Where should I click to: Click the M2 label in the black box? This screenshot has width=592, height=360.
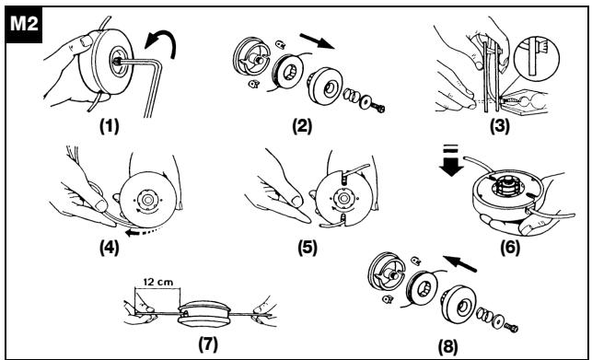(x=24, y=24)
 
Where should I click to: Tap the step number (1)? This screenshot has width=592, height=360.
(x=110, y=126)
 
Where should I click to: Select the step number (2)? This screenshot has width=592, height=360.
(x=302, y=126)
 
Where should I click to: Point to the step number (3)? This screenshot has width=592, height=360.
(x=500, y=126)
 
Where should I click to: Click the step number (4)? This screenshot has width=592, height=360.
(x=110, y=248)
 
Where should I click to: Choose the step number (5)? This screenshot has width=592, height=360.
(x=308, y=248)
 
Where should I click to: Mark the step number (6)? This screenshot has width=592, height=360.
(x=510, y=248)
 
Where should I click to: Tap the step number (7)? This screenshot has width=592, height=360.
(x=208, y=344)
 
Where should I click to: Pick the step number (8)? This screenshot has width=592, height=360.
(x=448, y=347)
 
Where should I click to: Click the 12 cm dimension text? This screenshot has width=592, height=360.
(x=157, y=282)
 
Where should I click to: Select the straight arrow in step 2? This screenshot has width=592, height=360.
(x=317, y=41)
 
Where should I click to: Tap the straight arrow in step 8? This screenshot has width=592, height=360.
(x=459, y=263)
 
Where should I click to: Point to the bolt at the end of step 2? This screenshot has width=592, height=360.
(x=377, y=108)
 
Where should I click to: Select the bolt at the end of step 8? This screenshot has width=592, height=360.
(x=511, y=327)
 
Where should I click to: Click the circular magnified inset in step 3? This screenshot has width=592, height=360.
(x=537, y=58)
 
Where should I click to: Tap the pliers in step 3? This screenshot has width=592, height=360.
(x=525, y=102)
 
